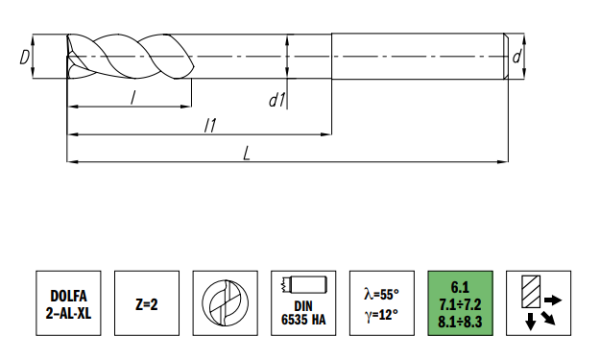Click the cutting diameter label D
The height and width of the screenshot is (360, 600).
pyautogui.click(x=24, y=57)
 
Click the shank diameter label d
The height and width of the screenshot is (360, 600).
pyautogui.click(x=517, y=57)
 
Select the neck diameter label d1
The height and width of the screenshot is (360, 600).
pyautogui.click(x=277, y=100)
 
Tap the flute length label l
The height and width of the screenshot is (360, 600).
pyautogui.click(x=133, y=98)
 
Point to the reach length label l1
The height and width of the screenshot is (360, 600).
pyautogui.click(x=210, y=125)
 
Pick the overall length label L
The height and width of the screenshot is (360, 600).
pyautogui.click(x=247, y=153)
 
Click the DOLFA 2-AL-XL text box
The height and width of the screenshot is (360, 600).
pyautogui.click(x=68, y=303)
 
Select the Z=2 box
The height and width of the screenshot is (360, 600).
pyautogui.click(x=147, y=303)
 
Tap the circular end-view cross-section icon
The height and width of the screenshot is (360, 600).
pyautogui.click(x=225, y=303)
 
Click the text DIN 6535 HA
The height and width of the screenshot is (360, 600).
pyautogui.click(x=303, y=313)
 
